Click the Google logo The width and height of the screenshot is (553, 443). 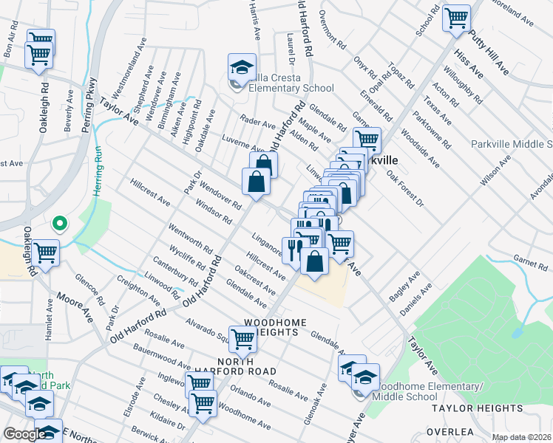pyautogui.click(x=25, y=434)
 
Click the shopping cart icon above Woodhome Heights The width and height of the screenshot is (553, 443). pyautogui.click(x=242, y=339)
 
